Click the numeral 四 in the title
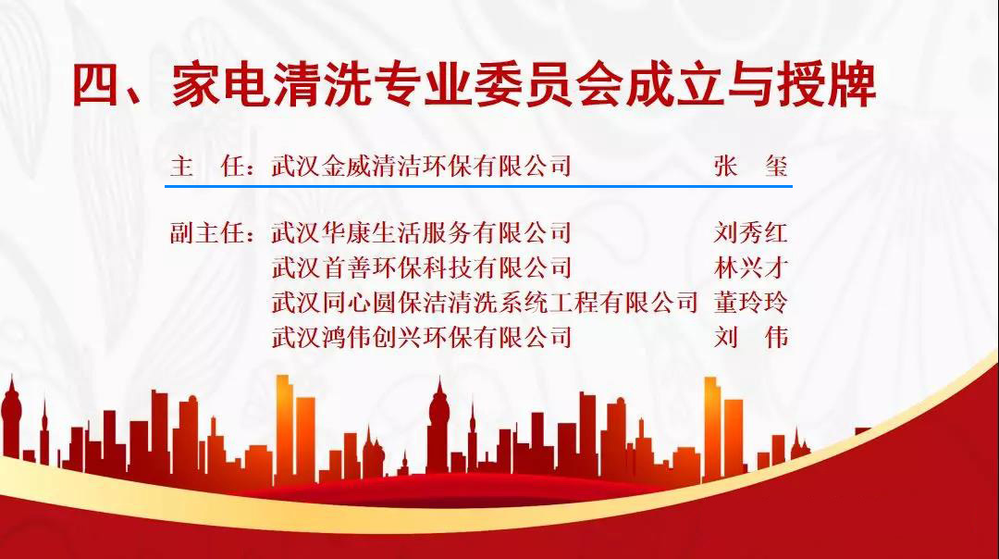[95, 85]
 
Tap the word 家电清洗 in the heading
[271, 85]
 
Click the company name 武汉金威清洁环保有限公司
[421, 167]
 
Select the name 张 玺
[751, 167]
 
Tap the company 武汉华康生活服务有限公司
[421, 232]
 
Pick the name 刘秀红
[751, 232]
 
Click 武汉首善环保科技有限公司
[421, 267]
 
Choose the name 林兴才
[751, 267]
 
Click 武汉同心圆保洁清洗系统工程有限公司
[485, 302]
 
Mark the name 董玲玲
[751, 302]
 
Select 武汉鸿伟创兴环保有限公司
[421, 337]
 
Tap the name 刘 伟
[751, 337]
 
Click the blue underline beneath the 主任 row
[478, 186]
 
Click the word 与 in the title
[750, 85]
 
